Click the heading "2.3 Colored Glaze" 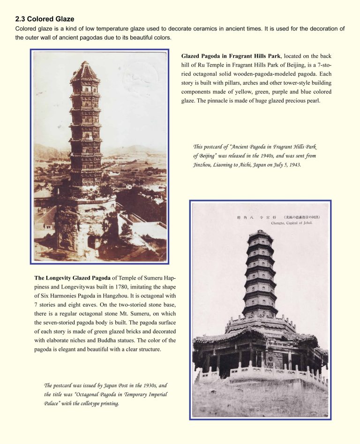[45, 19]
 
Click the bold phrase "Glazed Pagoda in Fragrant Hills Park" [231, 56]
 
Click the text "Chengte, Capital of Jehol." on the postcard [292, 223]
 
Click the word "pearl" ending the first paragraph [313, 101]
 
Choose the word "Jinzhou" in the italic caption [204, 165]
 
